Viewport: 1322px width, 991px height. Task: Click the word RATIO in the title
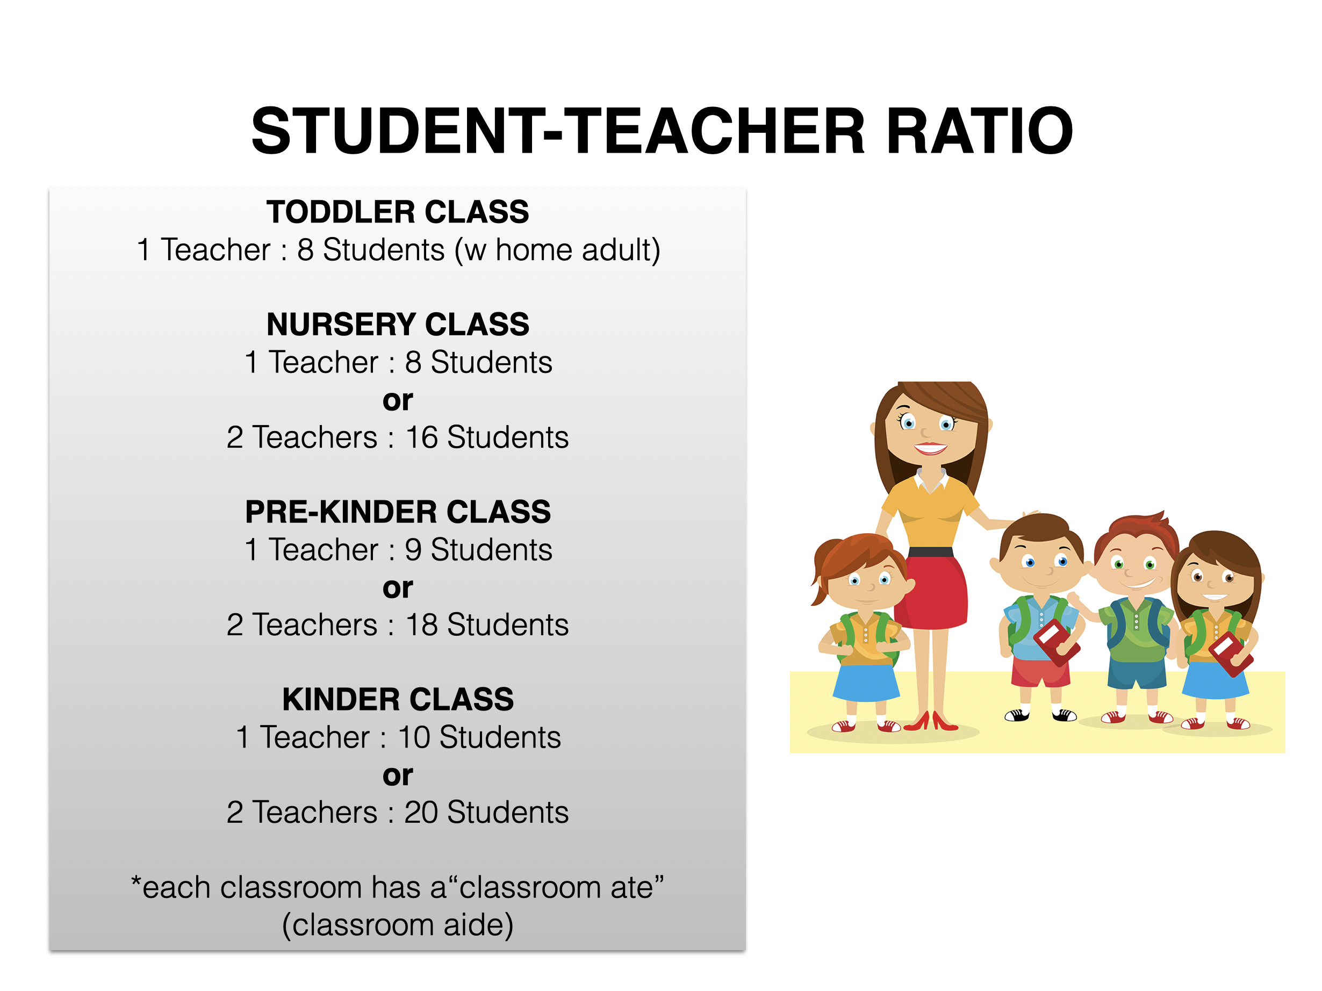tap(980, 130)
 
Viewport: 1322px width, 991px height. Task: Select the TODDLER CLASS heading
tap(398, 212)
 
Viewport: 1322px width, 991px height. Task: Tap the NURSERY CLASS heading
tap(398, 325)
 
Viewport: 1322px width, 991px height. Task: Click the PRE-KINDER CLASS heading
tap(398, 512)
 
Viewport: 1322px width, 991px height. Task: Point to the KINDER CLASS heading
tap(398, 700)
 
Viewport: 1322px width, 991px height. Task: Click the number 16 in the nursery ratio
tap(422, 437)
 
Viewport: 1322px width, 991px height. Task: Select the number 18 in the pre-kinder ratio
tap(422, 625)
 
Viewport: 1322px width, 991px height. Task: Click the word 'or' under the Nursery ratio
tap(398, 401)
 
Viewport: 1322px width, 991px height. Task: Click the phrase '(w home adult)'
tap(558, 250)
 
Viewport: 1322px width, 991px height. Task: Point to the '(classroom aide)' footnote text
tap(398, 925)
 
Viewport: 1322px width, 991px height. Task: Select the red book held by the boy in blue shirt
tap(1056, 643)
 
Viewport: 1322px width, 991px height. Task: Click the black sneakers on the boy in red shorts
tap(1040, 715)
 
